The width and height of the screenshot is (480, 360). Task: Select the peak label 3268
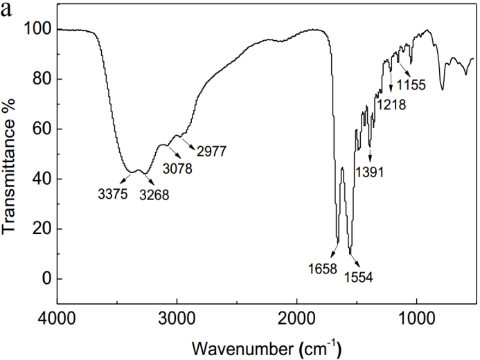(154, 195)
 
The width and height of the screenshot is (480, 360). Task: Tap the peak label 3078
(179, 168)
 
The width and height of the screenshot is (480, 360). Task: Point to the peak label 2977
(212, 150)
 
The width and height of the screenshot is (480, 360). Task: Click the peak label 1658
(324, 267)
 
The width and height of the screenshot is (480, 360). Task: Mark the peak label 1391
(371, 171)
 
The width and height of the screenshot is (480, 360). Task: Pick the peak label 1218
(391, 105)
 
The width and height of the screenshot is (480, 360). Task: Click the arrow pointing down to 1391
(371, 149)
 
